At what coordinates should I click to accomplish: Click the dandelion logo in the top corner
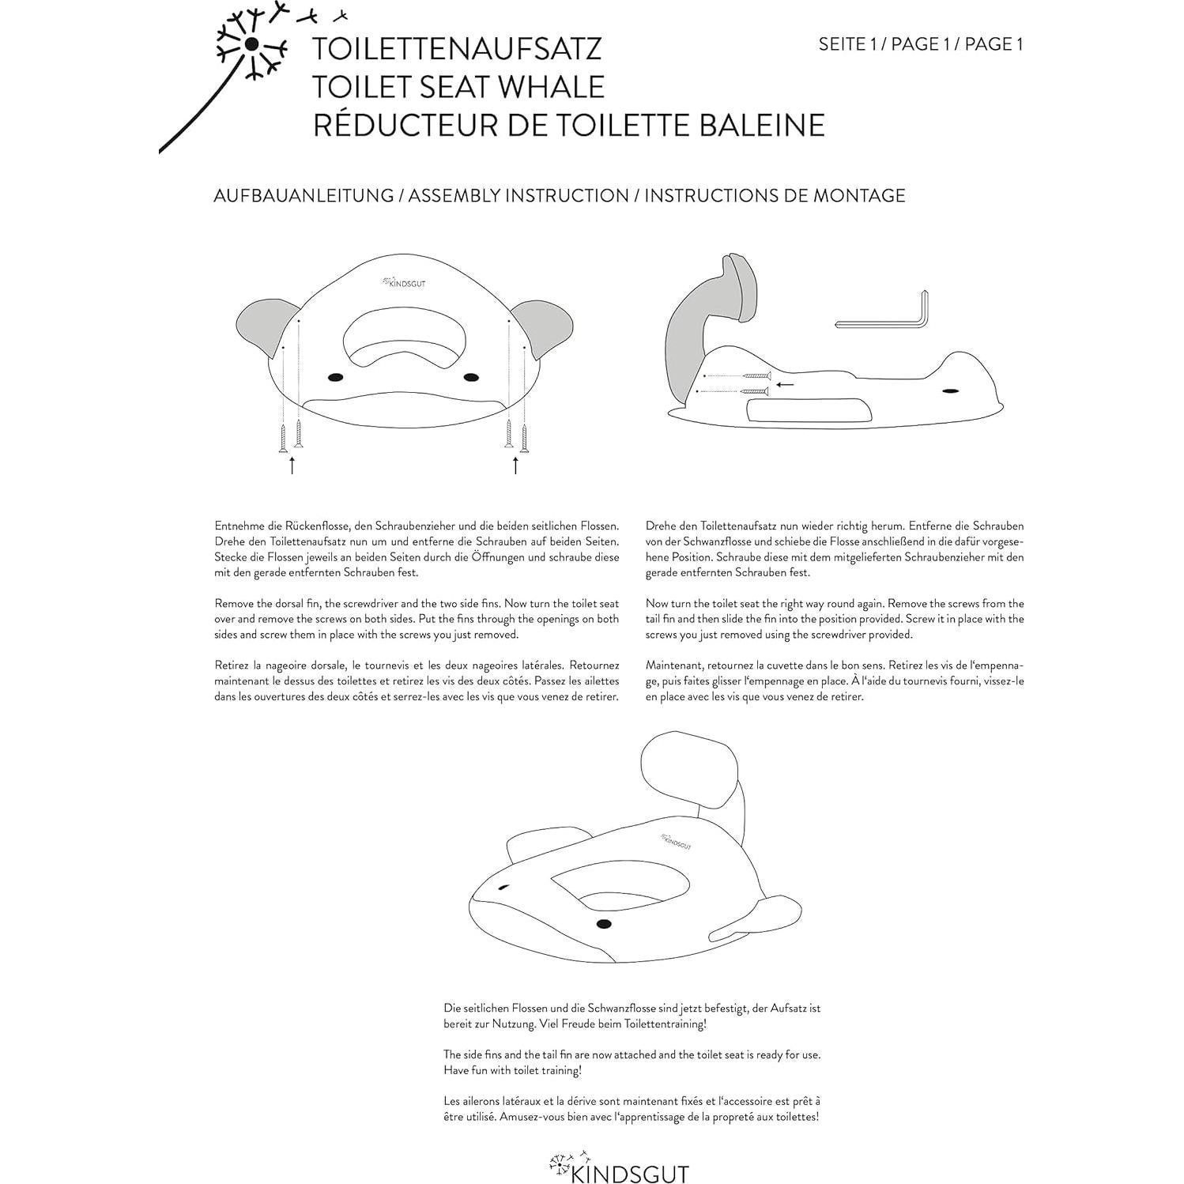(x=251, y=44)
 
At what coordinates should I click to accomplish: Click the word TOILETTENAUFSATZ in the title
(x=457, y=48)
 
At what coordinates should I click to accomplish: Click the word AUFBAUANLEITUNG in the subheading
(x=304, y=195)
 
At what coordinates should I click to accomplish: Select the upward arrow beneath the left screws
(x=292, y=465)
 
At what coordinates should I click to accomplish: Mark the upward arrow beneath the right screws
(x=515, y=465)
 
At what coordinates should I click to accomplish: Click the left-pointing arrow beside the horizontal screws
(x=784, y=385)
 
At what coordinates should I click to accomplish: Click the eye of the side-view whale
(x=949, y=391)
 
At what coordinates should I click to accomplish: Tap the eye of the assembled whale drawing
(x=604, y=924)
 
